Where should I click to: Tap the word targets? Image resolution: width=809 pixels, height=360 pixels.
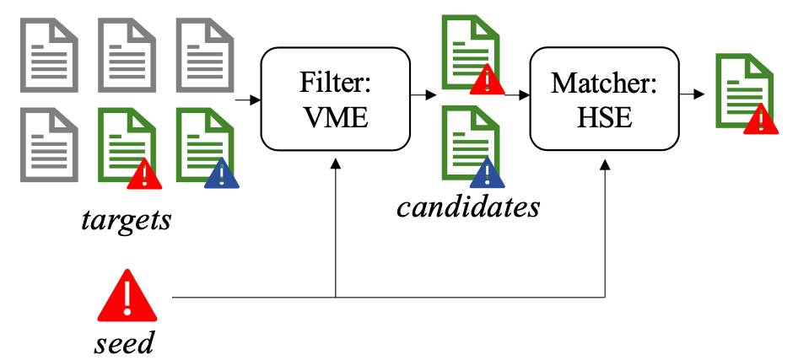pos(127,221)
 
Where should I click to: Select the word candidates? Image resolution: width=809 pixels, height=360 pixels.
pos(468,205)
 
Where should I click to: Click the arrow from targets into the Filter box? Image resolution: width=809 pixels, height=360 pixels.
pos(246,100)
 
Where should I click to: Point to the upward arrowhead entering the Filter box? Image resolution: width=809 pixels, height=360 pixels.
pos(336,165)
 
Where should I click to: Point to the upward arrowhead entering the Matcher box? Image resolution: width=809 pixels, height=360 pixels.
pos(606,165)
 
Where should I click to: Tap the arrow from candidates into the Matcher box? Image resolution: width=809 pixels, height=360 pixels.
pos(514,95)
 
